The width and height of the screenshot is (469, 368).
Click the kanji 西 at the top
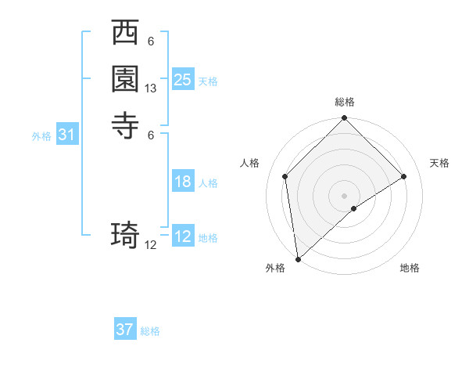pos(126,34)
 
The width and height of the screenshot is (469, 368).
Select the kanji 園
pos(126,79)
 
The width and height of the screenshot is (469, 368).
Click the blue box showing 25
pos(183,79)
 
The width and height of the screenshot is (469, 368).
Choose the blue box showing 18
pos(183,182)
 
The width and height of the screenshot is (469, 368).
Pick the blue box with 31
pos(67,135)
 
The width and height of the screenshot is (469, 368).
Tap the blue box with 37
pos(125,330)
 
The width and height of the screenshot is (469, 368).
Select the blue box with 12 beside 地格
pos(183,236)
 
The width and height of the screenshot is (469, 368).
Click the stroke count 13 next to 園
pos(151,89)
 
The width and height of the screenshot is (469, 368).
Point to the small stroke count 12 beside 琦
pos(151,245)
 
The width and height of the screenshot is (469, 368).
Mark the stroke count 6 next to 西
pos(151,41)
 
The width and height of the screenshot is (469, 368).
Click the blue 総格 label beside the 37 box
pos(150,331)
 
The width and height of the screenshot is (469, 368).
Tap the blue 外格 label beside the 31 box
pos(41,136)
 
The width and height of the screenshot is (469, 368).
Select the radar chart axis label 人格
pos(249,163)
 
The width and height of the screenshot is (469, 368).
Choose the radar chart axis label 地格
pos(410,268)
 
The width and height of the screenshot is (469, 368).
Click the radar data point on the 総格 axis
pos(345,119)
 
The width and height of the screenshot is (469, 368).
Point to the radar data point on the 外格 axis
pos(298,259)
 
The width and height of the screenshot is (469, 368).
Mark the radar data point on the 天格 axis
pos(404,176)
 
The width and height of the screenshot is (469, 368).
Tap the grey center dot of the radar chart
pos(345,195)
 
